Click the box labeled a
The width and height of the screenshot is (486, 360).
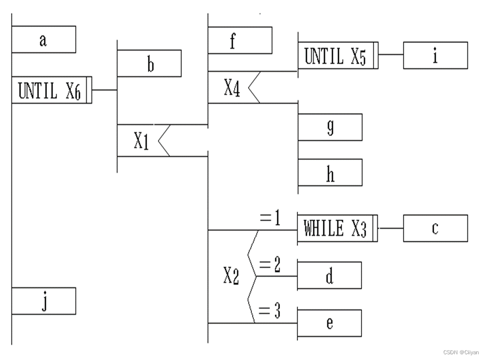click(x=44, y=39)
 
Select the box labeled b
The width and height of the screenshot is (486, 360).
click(x=149, y=63)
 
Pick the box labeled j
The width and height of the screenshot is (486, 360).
click(x=44, y=301)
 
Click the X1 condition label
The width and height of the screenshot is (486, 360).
click(x=141, y=141)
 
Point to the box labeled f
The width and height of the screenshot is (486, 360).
click(x=240, y=40)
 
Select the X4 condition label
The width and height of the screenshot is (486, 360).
click(x=232, y=88)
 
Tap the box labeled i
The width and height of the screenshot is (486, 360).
click(x=435, y=56)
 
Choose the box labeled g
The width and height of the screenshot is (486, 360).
click(x=330, y=127)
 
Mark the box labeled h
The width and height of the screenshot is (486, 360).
click(x=330, y=173)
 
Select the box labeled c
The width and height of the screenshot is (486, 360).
click(x=435, y=228)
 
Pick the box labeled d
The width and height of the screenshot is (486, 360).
click(x=329, y=276)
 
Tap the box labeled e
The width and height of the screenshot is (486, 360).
click(x=329, y=323)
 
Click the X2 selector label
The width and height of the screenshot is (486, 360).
click(x=231, y=277)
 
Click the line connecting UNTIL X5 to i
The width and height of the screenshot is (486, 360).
click(x=391, y=55)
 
